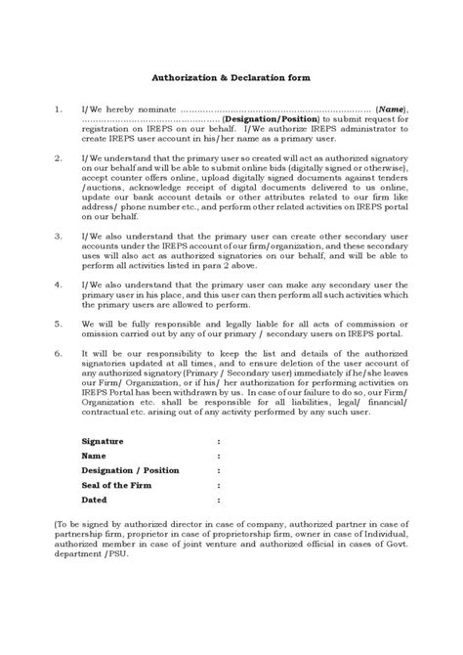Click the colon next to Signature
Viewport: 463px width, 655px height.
(x=219, y=442)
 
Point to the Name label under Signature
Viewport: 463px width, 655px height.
(x=94, y=456)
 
